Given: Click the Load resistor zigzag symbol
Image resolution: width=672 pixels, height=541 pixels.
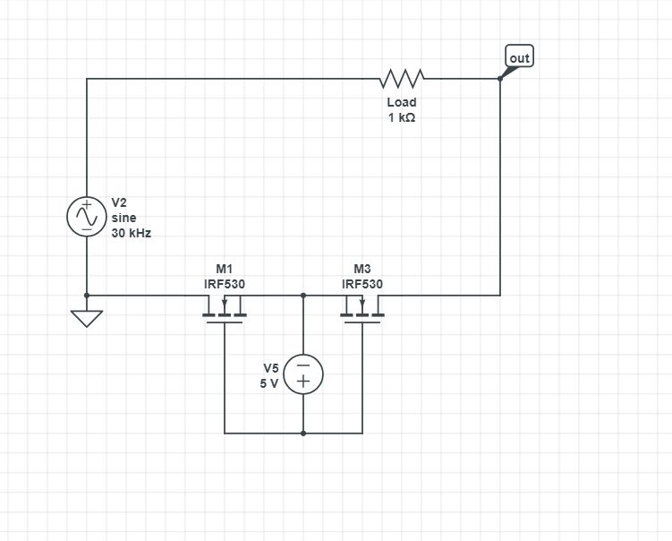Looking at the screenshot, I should click(402, 79).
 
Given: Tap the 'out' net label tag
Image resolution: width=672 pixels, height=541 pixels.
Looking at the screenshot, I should click(519, 58).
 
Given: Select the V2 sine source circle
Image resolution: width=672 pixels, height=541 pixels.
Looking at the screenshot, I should click(87, 216).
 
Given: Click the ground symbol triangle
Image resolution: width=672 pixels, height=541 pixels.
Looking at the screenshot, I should click(87, 318).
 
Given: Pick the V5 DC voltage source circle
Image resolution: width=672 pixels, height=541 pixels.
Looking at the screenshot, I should click(303, 374).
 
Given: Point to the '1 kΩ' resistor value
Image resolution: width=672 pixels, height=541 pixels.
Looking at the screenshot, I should click(402, 118).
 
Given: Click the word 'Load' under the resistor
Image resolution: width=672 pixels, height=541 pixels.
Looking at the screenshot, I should click(402, 102).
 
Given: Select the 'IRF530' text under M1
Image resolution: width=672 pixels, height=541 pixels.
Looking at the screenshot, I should click(224, 284).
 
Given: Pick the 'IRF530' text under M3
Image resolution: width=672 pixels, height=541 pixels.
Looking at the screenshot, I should click(362, 284).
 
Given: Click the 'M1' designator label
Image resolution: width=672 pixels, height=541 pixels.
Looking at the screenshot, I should click(224, 269).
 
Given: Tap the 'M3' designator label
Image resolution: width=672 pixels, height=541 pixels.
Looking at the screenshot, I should click(362, 269).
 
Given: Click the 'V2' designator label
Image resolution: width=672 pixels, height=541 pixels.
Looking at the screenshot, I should click(120, 202).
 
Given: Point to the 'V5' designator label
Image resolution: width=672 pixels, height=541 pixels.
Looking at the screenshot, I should click(270, 368).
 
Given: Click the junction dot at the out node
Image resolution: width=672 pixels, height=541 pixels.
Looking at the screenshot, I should click(500, 79).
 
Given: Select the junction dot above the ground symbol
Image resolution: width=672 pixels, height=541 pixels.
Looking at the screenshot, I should click(87, 295).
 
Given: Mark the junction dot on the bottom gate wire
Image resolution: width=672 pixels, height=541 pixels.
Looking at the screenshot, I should click(303, 434).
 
